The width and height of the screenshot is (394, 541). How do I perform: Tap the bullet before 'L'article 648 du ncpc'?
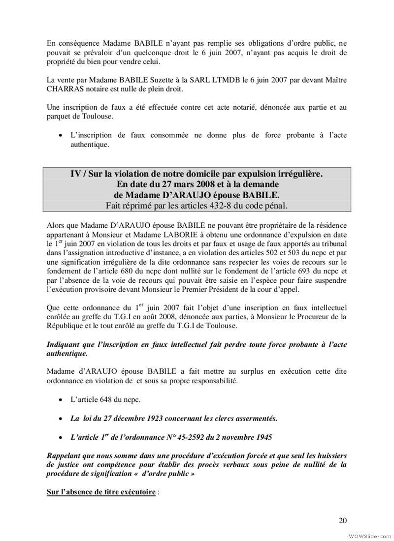click(60, 400)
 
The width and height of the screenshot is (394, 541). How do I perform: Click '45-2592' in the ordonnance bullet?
click(210, 437)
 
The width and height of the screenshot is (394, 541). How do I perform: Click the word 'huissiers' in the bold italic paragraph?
click(330, 455)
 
